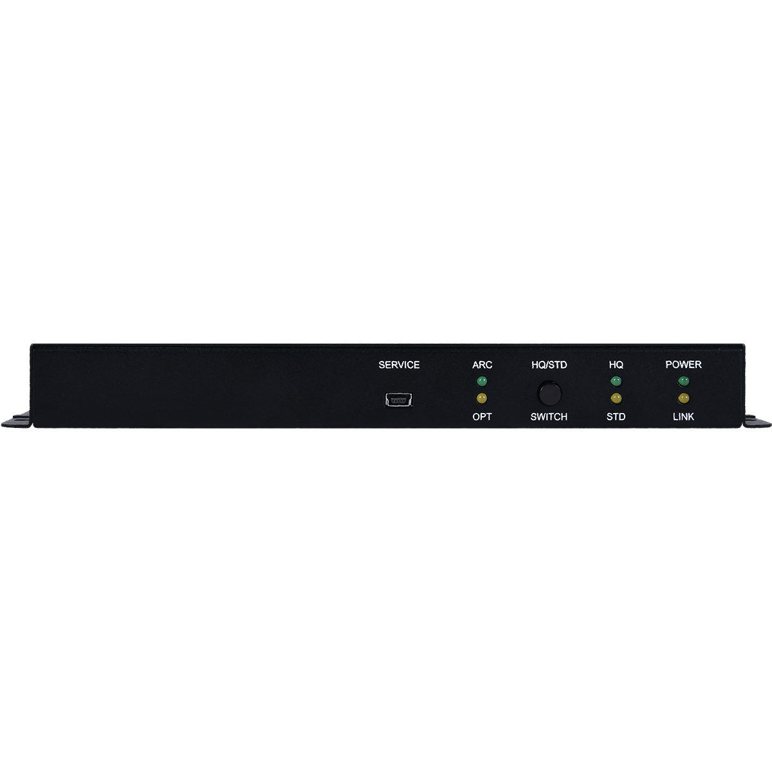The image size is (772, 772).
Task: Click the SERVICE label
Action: tap(399, 365)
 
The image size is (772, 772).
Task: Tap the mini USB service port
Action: tap(400, 400)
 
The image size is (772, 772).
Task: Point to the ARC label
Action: tap(482, 365)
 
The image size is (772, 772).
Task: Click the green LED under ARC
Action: tap(482, 381)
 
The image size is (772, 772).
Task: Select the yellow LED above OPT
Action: tap(482, 398)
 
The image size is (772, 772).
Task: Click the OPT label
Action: tap(482, 417)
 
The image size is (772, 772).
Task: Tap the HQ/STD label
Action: tap(549, 365)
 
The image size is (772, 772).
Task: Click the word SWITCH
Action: tap(549, 417)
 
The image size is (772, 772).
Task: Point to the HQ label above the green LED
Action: tap(616, 365)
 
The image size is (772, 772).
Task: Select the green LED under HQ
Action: tap(616, 381)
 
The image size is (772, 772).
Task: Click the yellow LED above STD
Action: tap(616, 398)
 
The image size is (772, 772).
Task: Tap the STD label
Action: tap(616, 417)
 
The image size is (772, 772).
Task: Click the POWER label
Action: tap(683, 365)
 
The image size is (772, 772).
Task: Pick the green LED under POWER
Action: tap(683, 381)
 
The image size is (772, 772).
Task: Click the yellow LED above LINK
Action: tap(683, 398)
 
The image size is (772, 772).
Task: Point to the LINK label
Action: tap(683, 417)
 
